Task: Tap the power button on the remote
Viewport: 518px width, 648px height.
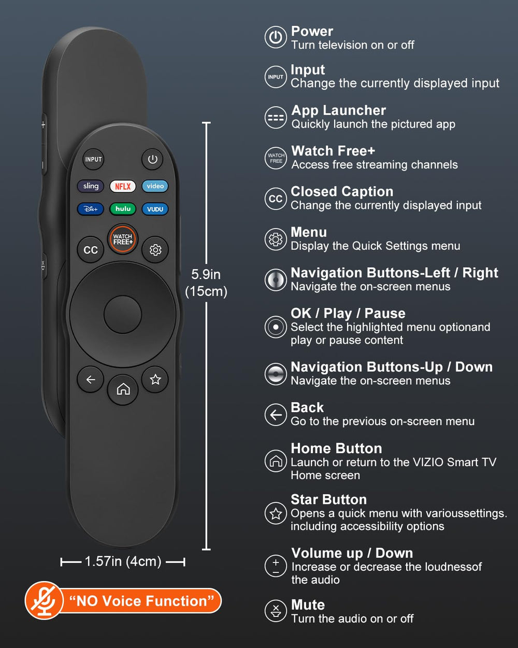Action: [x=152, y=159]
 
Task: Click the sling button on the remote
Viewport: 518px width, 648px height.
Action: [x=91, y=186]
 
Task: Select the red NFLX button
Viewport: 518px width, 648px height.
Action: [x=123, y=186]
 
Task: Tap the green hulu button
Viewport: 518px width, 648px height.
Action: [x=123, y=209]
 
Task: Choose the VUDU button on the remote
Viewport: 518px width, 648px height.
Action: [x=155, y=209]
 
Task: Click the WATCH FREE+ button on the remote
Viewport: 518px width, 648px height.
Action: [x=122, y=239]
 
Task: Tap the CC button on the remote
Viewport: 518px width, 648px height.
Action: [x=91, y=250]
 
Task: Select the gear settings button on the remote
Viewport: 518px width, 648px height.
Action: [x=155, y=250]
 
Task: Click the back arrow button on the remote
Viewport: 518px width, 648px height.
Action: [x=91, y=379]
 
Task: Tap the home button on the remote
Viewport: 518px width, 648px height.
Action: [x=123, y=389]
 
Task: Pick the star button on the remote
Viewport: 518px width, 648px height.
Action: [x=155, y=379]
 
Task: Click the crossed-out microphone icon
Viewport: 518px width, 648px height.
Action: [x=44, y=600]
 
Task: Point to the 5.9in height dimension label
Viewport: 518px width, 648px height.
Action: [x=206, y=274]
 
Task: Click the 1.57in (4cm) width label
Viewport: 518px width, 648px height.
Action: [x=123, y=561]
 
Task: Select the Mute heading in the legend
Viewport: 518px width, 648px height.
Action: [x=308, y=604]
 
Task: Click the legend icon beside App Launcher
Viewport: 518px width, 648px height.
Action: [x=276, y=118]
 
